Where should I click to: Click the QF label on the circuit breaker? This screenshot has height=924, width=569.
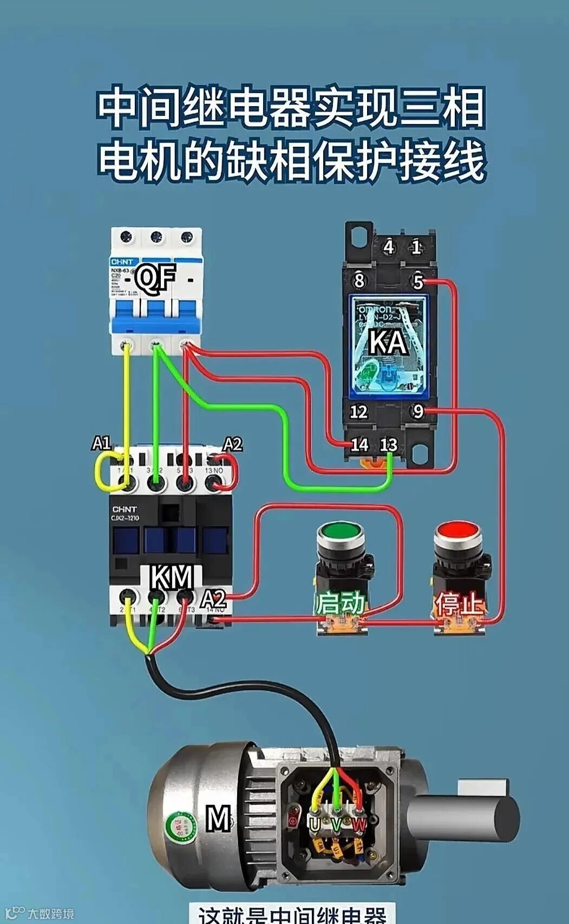(155, 277)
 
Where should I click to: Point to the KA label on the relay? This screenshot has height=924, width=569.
(388, 342)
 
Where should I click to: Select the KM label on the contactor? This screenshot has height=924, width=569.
(172, 578)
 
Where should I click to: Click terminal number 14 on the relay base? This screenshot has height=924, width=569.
(359, 445)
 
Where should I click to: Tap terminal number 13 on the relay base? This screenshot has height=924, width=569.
(388, 445)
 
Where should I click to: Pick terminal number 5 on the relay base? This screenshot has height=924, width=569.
(417, 281)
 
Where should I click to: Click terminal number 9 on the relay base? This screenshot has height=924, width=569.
(417, 412)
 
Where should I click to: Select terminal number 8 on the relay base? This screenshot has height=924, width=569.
(359, 281)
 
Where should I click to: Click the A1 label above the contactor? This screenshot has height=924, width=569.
(101, 443)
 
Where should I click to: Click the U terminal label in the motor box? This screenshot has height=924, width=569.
(315, 824)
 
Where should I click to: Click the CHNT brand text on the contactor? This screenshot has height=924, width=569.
(125, 509)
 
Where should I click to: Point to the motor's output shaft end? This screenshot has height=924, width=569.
(503, 817)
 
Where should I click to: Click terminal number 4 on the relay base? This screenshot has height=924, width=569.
(388, 247)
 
